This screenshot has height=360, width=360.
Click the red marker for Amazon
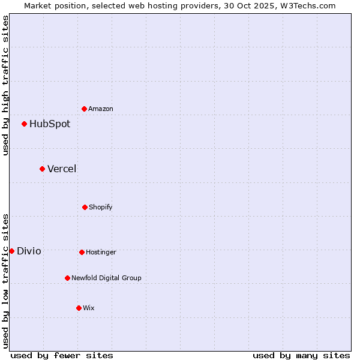click(x=85, y=109)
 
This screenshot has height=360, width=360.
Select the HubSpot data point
click(x=25, y=124)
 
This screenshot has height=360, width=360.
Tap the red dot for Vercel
click(x=43, y=169)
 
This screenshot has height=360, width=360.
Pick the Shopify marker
click(x=85, y=207)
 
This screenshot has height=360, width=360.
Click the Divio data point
click(x=12, y=251)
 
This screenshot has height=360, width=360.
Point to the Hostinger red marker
click(x=82, y=252)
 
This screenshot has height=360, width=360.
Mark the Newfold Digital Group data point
click(x=67, y=278)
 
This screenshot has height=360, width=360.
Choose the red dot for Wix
click(x=79, y=308)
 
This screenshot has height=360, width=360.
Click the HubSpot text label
click(x=50, y=124)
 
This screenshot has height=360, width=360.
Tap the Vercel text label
click(x=62, y=169)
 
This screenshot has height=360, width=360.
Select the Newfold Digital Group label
click(x=106, y=278)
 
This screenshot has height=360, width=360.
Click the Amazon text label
click(x=101, y=109)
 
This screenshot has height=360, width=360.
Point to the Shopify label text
click(x=101, y=207)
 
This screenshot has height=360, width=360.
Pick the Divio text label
click(x=29, y=251)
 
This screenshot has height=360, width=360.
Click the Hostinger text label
click(x=101, y=252)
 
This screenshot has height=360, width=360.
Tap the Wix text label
click(x=89, y=308)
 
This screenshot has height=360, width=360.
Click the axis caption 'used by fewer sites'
click(x=62, y=355)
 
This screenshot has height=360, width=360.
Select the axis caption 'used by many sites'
click(x=301, y=355)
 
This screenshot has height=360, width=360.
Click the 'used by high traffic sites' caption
click(x=5, y=85)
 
